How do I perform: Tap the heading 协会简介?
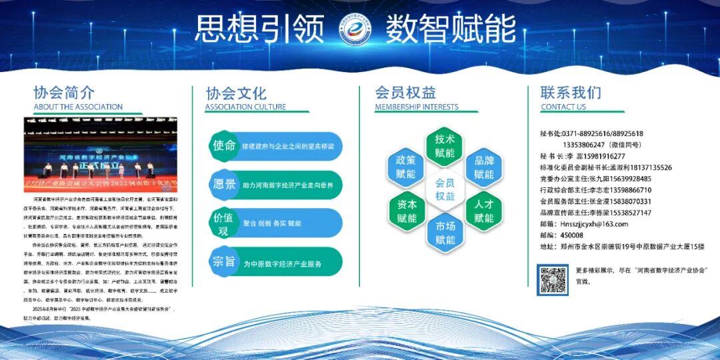pos(64,92)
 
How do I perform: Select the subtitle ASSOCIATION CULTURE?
pos(245,107)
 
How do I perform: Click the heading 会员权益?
pos(405,92)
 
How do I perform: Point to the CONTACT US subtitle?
pos(563,107)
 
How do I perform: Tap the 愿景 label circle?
pos(223,184)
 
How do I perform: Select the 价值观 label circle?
pos(223,223)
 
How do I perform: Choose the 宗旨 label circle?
pos(223,262)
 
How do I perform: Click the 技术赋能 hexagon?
pos(445,146)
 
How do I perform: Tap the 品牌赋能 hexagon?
pos(484,167)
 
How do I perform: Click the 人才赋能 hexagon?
pos(484,211)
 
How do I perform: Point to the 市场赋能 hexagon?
pos(445,233)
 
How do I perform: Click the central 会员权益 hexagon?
pos(445,189)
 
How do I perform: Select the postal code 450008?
pos(572,235)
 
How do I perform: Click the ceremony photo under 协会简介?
pos(101,155)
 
